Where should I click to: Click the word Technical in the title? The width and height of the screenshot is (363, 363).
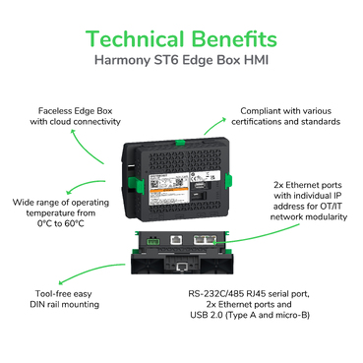click(x=136, y=38)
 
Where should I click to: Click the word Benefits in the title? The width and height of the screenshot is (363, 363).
click(x=235, y=38)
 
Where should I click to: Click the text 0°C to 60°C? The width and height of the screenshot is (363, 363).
click(x=65, y=223)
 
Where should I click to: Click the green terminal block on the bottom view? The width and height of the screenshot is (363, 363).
click(x=151, y=238)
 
